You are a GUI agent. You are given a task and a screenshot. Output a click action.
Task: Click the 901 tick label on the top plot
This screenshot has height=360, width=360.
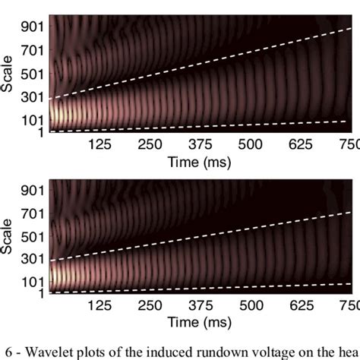pyautogui.click(x=33, y=27)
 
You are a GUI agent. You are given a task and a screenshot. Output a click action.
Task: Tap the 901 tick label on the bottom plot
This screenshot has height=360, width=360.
pyautogui.click(x=33, y=187)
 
